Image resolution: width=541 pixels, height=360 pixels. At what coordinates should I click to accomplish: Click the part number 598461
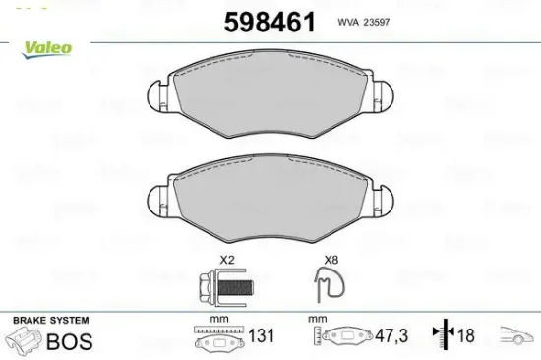click(x=270, y=22)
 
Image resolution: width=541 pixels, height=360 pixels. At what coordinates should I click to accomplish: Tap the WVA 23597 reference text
click(x=363, y=22)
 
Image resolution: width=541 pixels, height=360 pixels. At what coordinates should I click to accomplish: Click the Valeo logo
click(x=46, y=49)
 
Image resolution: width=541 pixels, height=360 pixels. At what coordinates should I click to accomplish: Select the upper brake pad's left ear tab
click(x=158, y=96)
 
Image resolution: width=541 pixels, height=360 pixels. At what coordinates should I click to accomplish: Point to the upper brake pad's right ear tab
click(x=383, y=96)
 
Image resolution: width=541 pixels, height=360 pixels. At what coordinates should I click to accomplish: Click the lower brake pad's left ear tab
click(x=158, y=202)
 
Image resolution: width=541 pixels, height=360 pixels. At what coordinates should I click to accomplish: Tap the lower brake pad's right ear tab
click(x=383, y=202)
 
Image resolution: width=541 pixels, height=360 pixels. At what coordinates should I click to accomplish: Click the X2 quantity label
click(x=227, y=260)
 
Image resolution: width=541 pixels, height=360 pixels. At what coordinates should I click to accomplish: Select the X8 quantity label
click(x=331, y=260)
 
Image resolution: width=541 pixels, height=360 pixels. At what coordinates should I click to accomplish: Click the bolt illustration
click(x=225, y=287)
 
